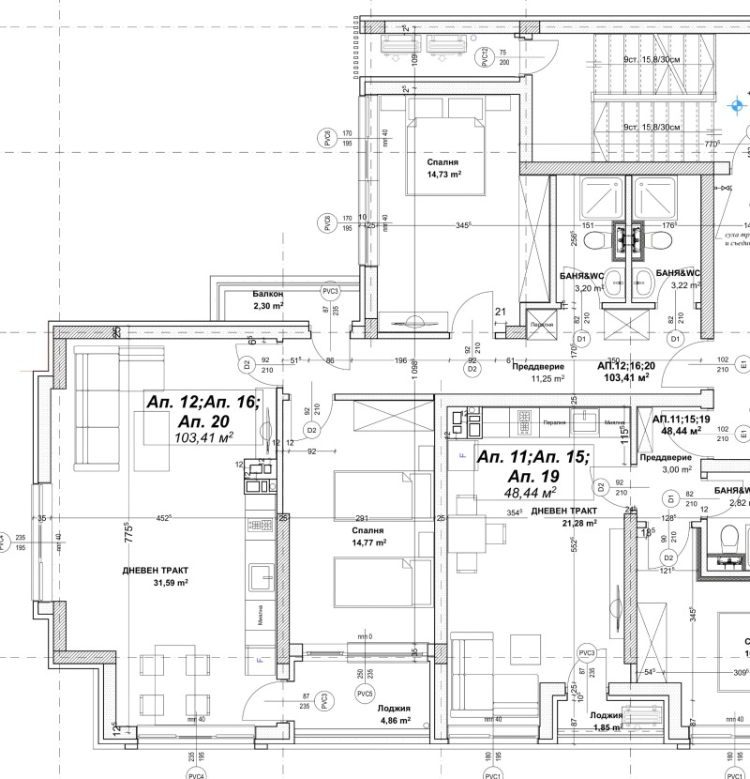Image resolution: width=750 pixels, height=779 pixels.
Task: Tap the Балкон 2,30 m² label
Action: [x=267, y=300]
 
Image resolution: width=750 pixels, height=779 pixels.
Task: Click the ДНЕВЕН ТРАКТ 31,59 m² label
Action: [x=156, y=576]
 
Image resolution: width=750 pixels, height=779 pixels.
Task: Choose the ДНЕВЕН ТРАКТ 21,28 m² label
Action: [x=564, y=517]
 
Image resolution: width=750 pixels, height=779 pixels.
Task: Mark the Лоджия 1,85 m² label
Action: [x=609, y=720]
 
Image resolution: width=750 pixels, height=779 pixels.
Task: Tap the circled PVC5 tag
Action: [x=367, y=694]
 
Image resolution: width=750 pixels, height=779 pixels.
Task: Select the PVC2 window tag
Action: [x=485, y=58]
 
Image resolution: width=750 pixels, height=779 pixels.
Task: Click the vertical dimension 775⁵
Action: [x=129, y=535]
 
